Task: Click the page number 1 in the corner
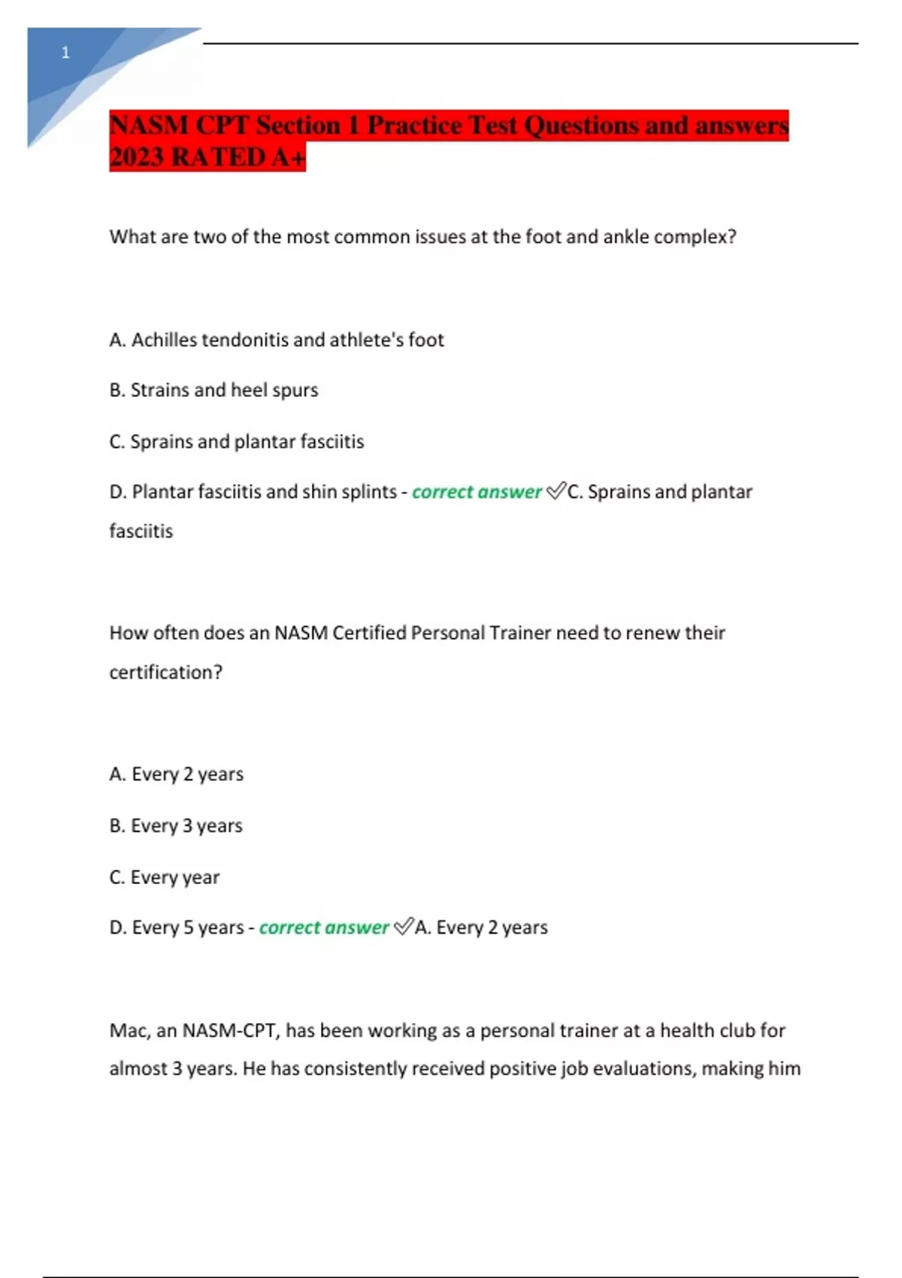[65, 53]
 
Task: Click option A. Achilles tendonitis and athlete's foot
[277, 340]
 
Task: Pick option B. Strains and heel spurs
[213, 390]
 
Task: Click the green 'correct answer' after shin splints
[477, 492]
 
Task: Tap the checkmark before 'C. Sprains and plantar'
[556, 491]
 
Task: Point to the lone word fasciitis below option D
[141, 531]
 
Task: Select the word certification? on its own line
[166, 672]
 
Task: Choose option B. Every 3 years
[176, 825]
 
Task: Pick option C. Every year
[165, 877]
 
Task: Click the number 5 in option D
[189, 928]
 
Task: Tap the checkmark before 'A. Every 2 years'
[404, 927]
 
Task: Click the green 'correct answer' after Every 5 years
[324, 928]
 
